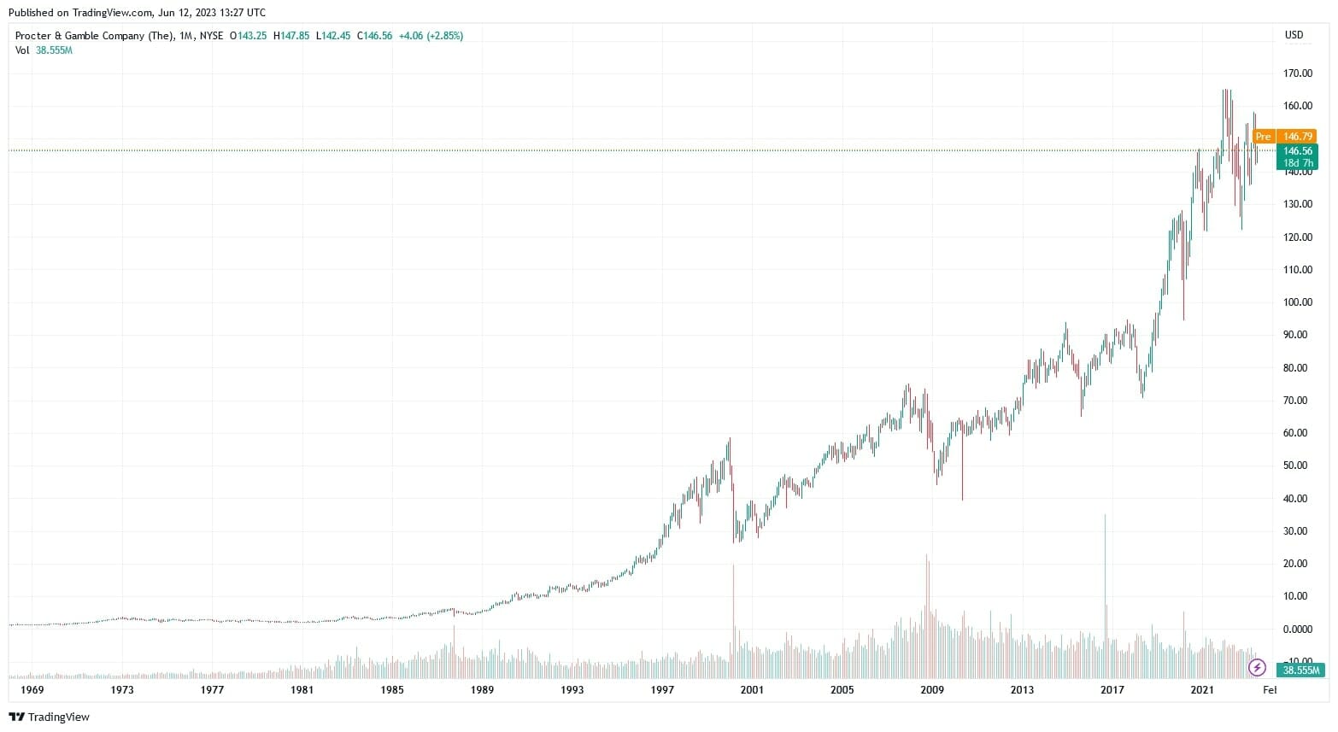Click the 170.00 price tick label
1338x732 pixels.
pyautogui.click(x=1297, y=73)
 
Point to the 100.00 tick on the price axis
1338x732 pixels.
pyautogui.click(x=1297, y=302)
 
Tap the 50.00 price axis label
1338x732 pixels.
pyautogui.click(x=1297, y=466)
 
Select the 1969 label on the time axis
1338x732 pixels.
pyautogui.click(x=32, y=690)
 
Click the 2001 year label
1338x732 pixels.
pyautogui.click(x=752, y=690)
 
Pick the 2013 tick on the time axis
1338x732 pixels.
pyautogui.click(x=1022, y=690)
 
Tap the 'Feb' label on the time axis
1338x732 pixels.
pyautogui.click(x=1270, y=690)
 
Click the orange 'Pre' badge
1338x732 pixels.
pyautogui.click(x=1263, y=137)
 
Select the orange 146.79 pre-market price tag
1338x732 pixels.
pyautogui.click(x=1297, y=137)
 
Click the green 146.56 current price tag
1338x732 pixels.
pyautogui.click(x=1297, y=151)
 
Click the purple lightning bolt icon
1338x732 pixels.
pyautogui.click(x=1257, y=667)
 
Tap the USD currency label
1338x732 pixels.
pyautogui.click(x=1294, y=35)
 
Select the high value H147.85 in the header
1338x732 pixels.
pyautogui.click(x=291, y=36)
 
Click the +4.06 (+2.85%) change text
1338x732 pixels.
pyautogui.click(x=431, y=36)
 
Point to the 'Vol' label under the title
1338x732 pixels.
pyautogui.click(x=22, y=50)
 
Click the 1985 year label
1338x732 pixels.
pyautogui.click(x=392, y=690)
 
